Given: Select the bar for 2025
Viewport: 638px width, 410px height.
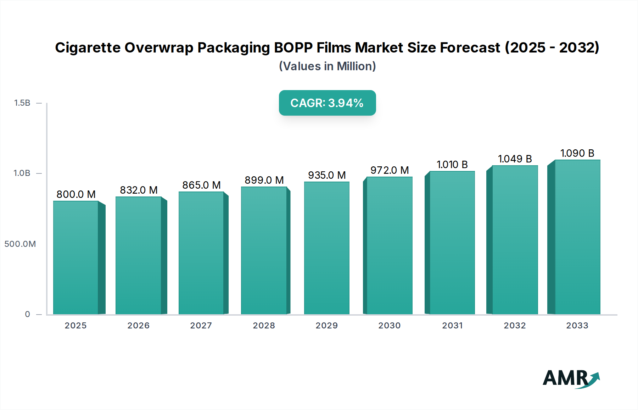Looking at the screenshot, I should pyautogui.click(x=75, y=257).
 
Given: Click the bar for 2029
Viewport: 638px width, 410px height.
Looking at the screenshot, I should pyautogui.click(x=326, y=248).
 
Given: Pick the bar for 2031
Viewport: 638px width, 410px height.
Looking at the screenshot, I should pyautogui.click(x=452, y=243).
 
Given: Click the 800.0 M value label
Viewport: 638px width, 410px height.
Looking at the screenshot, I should pyautogui.click(x=76, y=194).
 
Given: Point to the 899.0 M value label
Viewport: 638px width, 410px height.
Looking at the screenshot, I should pyautogui.click(x=264, y=180).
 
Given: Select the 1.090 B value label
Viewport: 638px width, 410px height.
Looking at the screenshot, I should pyautogui.click(x=577, y=153).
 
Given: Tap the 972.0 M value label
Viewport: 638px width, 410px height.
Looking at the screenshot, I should pyautogui.click(x=390, y=170).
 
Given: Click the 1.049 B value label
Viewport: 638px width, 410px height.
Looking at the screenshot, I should pyautogui.click(x=515, y=159).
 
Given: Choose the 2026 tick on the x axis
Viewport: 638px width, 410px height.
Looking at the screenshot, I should pyautogui.click(x=138, y=326).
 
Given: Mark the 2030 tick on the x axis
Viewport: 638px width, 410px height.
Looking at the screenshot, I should pyautogui.click(x=389, y=326).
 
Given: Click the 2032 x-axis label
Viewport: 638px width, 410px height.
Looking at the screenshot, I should pyautogui.click(x=515, y=326).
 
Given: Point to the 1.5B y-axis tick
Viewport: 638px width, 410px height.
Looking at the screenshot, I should pyautogui.click(x=22, y=103).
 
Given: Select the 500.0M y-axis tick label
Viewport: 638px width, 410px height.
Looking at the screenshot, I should pyautogui.click(x=20, y=244).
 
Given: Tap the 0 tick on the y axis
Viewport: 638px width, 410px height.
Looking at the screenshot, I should pyautogui.click(x=27, y=314).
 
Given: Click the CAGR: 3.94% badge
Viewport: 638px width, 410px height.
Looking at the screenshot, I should pyautogui.click(x=327, y=103).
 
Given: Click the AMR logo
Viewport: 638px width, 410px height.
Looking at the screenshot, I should pyautogui.click(x=571, y=378).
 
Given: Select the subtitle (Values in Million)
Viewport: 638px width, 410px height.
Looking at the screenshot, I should pyautogui.click(x=327, y=66).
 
